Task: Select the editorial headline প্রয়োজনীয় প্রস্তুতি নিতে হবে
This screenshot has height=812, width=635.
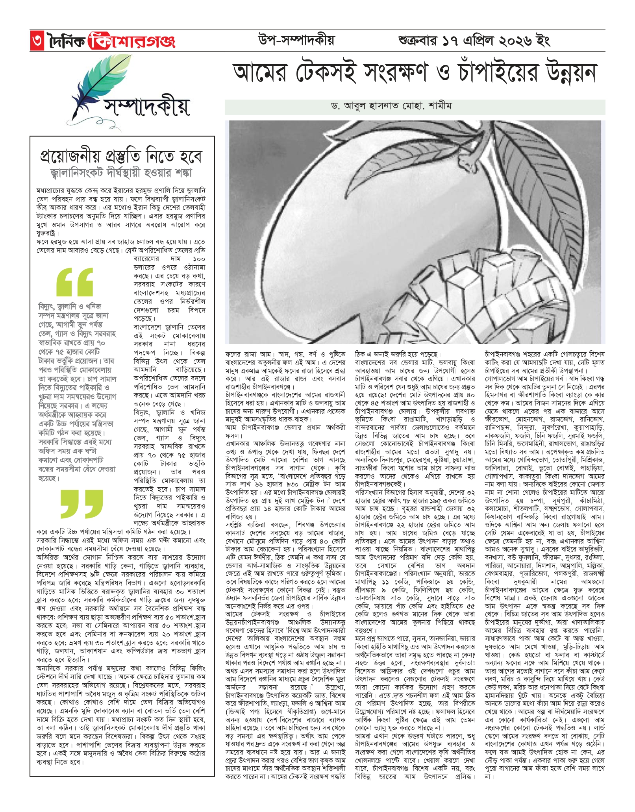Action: tap(121, 157)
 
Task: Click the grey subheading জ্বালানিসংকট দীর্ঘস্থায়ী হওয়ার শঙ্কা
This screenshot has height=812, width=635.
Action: tap(121, 173)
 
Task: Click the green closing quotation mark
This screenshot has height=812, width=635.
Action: tap(81, 504)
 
